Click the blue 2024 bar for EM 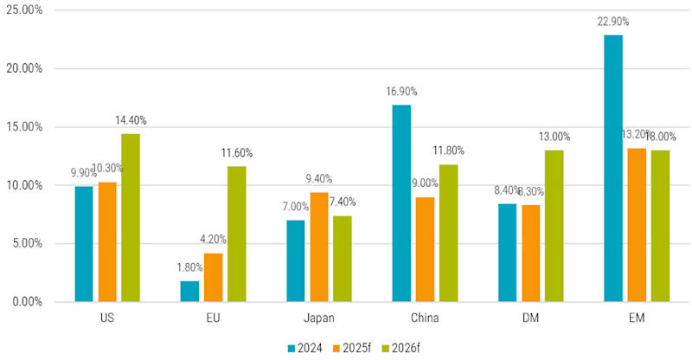(613, 169)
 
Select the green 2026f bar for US (131, 217)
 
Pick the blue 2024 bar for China (400, 203)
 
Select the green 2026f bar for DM (554, 226)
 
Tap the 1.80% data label (189, 269)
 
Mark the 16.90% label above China (400, 93)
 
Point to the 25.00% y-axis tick (25, 10)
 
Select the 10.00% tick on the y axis (25, 185)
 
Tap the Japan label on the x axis (319, 318)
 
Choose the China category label (425, 318)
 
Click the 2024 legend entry (304, 348)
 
